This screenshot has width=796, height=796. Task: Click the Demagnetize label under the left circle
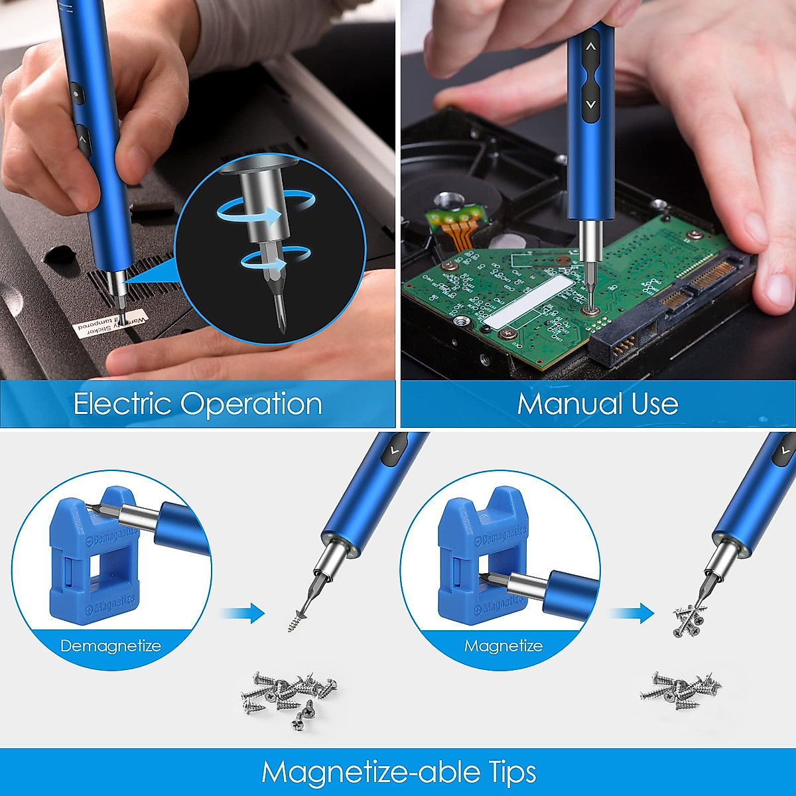[x=110, y=646]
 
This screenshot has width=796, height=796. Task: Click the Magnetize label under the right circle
[x=503, y=646]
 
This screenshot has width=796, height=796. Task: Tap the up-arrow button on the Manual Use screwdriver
[x=590, y=48]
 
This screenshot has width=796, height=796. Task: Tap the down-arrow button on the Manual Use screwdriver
[x=590, y=104]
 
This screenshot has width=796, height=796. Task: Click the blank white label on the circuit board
[x=527, y=302]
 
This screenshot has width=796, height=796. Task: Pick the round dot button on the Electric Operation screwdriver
[x=76, y=94]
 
